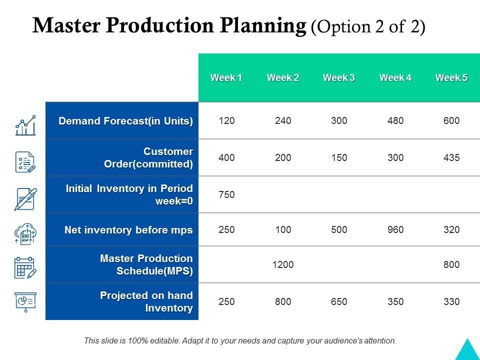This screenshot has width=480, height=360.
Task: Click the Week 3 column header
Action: (339, 78)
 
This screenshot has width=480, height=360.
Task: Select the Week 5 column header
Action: (451, 78)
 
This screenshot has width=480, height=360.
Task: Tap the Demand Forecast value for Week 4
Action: (395, 120)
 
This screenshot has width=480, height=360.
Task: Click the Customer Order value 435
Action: (451, 157)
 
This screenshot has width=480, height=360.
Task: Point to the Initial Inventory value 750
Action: (226, 194)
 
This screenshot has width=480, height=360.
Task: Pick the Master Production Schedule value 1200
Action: (283, 264)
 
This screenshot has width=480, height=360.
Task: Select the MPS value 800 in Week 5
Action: (451, 264)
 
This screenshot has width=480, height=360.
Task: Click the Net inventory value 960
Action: (395, 229)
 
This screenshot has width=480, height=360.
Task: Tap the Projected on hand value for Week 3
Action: (339, 301)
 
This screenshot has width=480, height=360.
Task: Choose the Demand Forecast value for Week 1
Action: (226, 120)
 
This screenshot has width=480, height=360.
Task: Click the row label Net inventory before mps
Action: (128, 230)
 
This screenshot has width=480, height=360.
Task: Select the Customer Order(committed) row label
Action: (148, 157)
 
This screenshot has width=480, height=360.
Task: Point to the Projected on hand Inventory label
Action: (146, 301)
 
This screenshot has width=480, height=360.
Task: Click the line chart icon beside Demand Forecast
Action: (25, 125)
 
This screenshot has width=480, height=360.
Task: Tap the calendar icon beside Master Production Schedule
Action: (25, 268)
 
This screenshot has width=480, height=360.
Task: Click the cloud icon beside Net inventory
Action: (25, 233)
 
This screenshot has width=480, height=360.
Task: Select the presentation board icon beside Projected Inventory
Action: (25, 302)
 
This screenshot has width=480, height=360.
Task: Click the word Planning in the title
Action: (263, 25)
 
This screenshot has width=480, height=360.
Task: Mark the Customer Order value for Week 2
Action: (283, 157)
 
